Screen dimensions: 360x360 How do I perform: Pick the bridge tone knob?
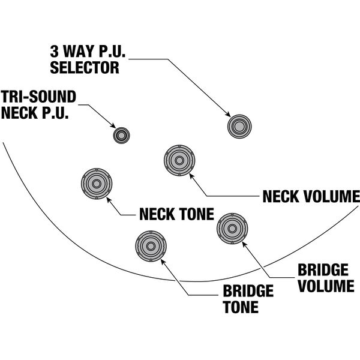(151, 246)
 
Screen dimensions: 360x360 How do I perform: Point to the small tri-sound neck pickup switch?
(122, 135)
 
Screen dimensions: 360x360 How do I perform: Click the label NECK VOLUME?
(310, 196)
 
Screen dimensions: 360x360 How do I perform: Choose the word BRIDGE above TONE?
(248, 292)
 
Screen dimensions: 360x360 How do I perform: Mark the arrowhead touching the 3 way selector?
(228, 115)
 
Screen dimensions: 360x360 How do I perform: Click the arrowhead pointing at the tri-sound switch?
(113, 126)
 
